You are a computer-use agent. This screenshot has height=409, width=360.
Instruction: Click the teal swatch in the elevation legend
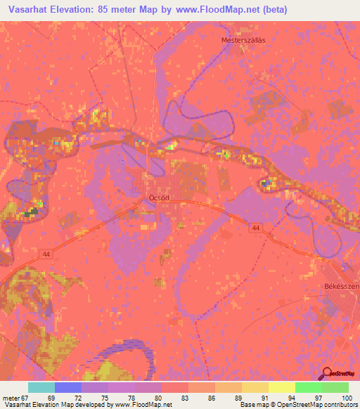tap(41, 387)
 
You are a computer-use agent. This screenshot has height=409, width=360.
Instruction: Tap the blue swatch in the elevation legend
tap(68, 387)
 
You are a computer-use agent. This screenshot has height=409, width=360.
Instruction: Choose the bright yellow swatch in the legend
tap(282, 387)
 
